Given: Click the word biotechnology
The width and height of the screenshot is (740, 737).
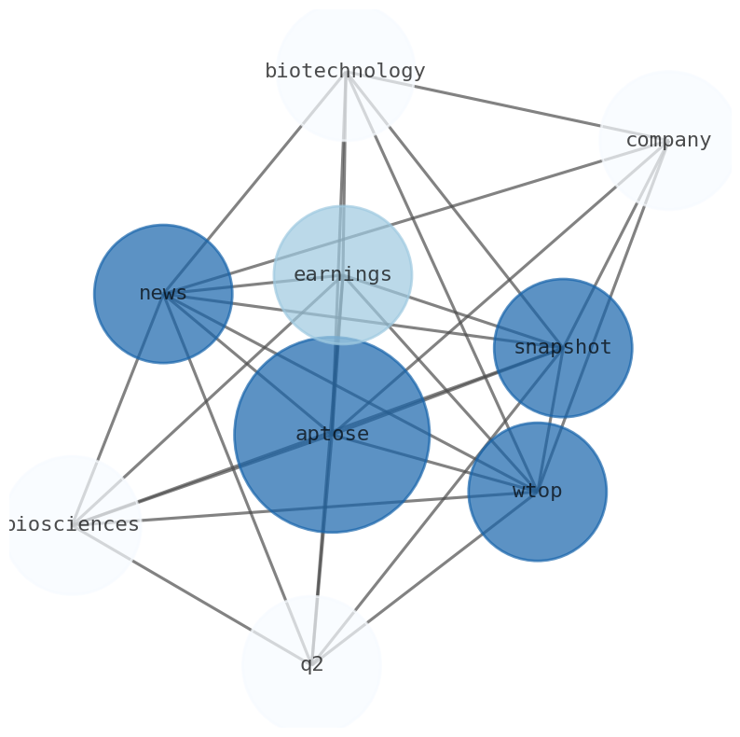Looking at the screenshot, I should click(x=345, y=71).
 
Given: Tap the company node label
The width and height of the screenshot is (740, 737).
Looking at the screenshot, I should click(x=667, y=141).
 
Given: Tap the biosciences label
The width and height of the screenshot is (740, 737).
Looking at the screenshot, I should click(x=73, y=524).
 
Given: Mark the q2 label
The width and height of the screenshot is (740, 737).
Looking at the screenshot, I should click(x=311, y=664).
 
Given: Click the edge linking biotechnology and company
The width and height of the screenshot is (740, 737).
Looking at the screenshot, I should click(x=503, y=105).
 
